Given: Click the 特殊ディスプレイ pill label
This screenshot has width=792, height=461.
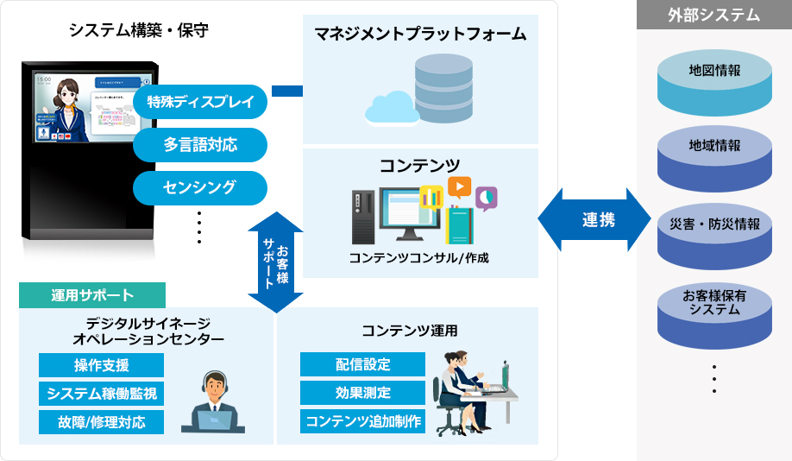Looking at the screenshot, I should pyautogui.click(x=200, y=102).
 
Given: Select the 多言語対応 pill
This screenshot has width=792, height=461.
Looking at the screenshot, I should pyautogui.click(x=200, y=144).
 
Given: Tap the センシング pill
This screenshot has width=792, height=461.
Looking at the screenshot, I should pyautogui.click(x=200, y=186).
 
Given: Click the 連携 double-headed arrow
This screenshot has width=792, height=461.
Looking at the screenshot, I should pyautogui.click(x=596, y=220).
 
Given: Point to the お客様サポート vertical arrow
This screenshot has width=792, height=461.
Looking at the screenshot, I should pyautogui.click(x=275, y=262).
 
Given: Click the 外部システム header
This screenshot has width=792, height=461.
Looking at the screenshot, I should pyautogui.click(x=714, y=15).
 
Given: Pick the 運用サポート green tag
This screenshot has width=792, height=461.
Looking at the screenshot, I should pyautogui.click(x=92, y=295).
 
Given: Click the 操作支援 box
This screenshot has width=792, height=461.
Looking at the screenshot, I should pyautogui.click(x=101, y=365).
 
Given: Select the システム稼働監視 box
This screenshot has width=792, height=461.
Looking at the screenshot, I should pyautogui.click(x=101, y=394).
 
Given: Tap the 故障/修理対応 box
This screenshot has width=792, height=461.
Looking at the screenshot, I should pyautogui.click(x=101, y=422).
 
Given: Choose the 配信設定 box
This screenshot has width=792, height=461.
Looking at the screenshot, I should pyautogui.click(x=363, y=364).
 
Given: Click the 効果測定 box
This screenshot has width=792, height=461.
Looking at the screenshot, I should pyautogui.click(x=363, y=393).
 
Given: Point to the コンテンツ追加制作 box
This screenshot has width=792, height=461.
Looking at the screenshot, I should pyautogui.click(x=363, y=421).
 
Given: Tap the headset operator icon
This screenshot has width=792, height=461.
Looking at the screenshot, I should pyautogui.click(x=212, y=404).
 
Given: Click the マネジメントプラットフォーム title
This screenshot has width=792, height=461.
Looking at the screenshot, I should pyautogui.click(x=420, y=35).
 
